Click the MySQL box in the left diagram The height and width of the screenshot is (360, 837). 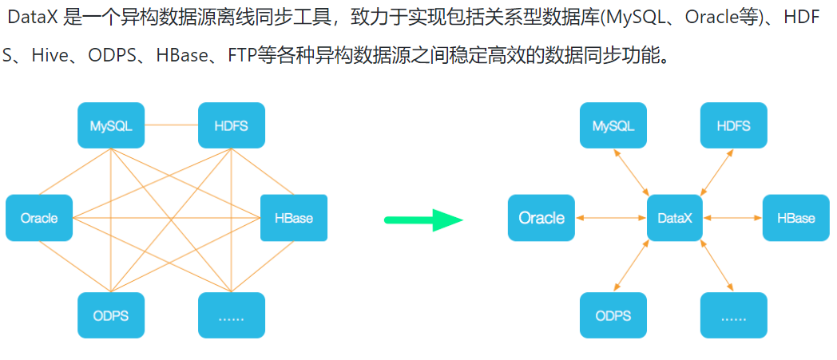click(x=111, y=125)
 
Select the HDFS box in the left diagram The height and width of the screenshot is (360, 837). click(x=231, y=125)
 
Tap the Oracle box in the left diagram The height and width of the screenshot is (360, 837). click(x=39, y=217)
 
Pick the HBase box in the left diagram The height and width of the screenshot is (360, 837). click(x=293, y=217)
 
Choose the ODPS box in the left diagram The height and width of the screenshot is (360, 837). click(x=111, y=315)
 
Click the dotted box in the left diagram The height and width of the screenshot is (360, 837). click(x=231, y=315)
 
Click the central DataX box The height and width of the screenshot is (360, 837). click(x=675, y=217)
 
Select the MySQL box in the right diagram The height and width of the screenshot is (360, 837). click(x=613, y=125)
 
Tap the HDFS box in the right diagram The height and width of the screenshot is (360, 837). click(x=733, y=125)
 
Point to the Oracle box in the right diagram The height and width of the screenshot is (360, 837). click(x=541, y=217)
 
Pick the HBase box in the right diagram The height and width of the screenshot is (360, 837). click(x=795, y=217)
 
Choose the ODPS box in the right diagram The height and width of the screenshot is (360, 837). click(x=613, y=315)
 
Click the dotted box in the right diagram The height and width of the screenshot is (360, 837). click(x=733, y=315)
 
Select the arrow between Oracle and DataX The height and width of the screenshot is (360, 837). click(x=611, y=217)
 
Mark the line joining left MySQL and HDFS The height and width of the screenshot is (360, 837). click(x=171, y=125)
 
